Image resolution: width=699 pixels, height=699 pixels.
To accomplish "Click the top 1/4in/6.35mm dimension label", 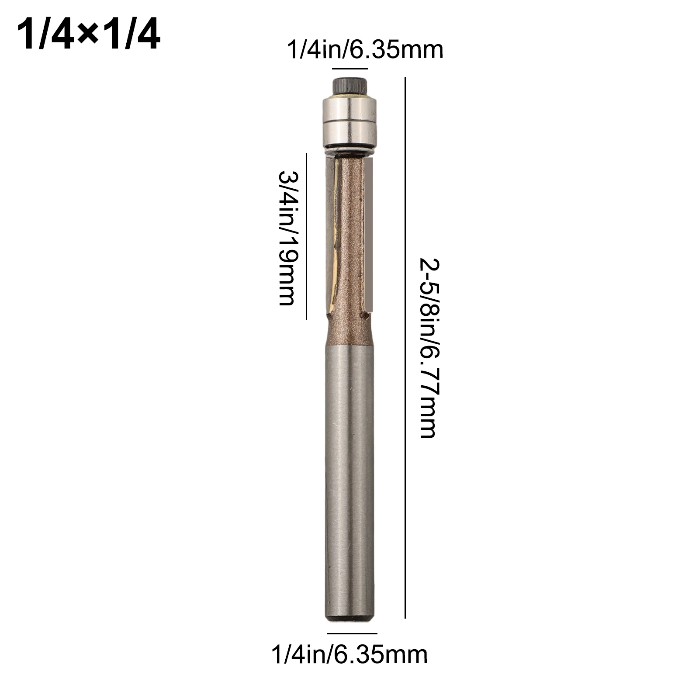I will coord(365,50).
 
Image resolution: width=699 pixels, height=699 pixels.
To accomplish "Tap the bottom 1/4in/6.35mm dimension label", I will coord(349,654).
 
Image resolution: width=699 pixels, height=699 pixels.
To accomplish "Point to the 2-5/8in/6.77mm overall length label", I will coord(428,348).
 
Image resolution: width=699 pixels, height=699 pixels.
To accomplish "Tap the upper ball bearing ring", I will coord(349,107).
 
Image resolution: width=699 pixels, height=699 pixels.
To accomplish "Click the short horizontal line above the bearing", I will coord(350,69).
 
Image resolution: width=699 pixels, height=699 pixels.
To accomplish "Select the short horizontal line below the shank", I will coord(352,633).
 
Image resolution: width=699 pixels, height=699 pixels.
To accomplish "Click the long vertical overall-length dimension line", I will coord(405,348).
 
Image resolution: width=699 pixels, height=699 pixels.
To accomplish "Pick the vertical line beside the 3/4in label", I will coord(306,236).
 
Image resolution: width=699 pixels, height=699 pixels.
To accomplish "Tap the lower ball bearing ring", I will coord(349,129).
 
